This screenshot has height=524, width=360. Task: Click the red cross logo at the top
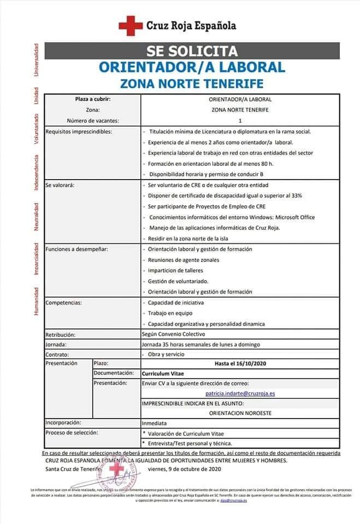[x=131, y=25]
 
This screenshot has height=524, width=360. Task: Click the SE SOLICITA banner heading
[x=192, y=51]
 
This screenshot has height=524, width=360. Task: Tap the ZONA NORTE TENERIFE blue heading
[x=192, y=84]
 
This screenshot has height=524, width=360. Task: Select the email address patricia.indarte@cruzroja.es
[x=240, y=393]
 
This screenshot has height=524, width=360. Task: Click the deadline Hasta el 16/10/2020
[x=240, y=363]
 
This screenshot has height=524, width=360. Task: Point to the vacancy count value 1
[x=240, y=121]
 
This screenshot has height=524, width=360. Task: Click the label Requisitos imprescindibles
[x=79, y=132]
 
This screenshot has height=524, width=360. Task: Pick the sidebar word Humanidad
[x=36, y=301]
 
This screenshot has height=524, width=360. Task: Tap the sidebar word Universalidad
[x=36, y=59]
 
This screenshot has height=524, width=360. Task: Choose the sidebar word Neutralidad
[x=36, y=217]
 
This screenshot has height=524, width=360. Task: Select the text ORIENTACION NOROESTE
[x=240, y=413]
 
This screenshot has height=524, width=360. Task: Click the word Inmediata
[x=154, y=423]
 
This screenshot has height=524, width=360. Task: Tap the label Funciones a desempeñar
[x=77, y=249]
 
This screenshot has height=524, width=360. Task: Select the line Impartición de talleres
[x=175, y=271]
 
